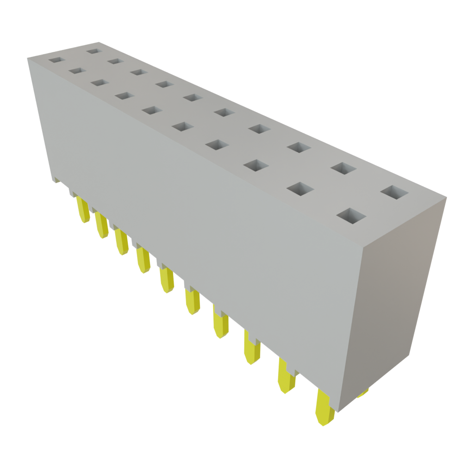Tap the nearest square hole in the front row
pos(351,216)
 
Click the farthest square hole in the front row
pos(57,61)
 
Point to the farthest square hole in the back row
pos(94,50)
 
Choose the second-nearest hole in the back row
pos(343,168)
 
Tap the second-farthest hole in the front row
pos(77,71)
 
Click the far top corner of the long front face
pos(28,57)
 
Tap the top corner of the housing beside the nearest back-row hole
pos(446,198)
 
